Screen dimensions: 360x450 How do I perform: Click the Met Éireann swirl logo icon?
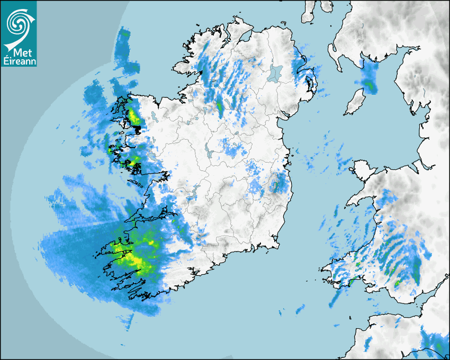(x=18, y=21)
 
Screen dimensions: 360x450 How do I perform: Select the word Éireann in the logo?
(x=18, y=61)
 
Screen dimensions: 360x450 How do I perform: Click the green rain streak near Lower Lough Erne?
(x=219, y=106)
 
